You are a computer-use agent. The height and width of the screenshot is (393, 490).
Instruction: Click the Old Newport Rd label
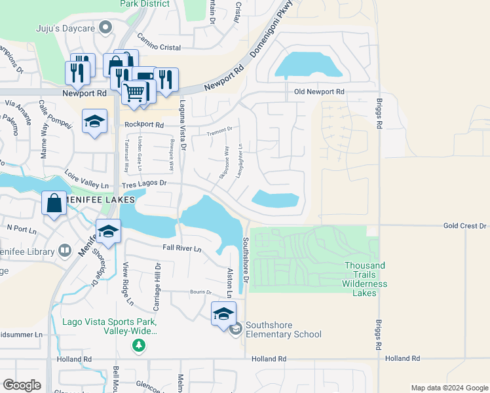pyautogui.click(x=319, y=92)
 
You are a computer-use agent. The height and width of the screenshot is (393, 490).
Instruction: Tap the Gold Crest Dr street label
pyautogui.click(x=464, y=226)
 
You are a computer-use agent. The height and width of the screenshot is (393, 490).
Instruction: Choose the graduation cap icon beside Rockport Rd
pyautogui.click(x=95, y=121)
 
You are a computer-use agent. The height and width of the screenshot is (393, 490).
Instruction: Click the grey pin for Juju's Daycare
pyautogui.click(x=107, y=27)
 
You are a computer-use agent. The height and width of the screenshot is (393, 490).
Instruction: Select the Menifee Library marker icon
pyautogui.click(x=64, y=250)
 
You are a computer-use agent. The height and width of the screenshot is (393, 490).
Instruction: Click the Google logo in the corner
pyautogui.click(x=22, y=385)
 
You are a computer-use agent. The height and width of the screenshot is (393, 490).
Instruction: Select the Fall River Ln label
pyautogui.click(x=182, y=249)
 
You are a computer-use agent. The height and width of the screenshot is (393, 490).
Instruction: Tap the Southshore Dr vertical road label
pyautogui.click(x=247, y=259)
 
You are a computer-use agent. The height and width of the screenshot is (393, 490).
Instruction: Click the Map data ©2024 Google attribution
pyautogui.click(x=449, y=388)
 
